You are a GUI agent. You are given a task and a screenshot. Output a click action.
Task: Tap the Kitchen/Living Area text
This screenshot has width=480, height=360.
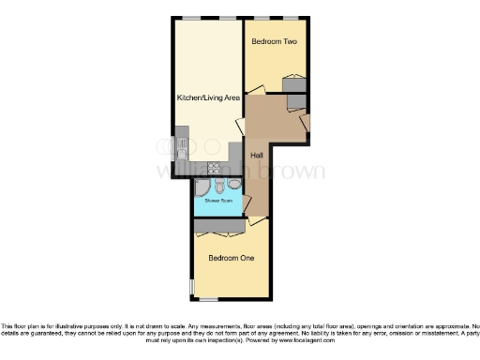[208, 97]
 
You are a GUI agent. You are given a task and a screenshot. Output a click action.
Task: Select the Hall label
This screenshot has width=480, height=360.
[256, 154]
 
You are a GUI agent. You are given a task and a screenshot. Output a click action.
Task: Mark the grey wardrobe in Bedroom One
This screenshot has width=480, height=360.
[219, 226]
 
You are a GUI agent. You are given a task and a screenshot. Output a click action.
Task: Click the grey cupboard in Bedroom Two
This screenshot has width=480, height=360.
[294, 85]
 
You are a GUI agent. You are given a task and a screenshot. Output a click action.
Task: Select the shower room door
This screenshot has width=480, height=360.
[246, 202]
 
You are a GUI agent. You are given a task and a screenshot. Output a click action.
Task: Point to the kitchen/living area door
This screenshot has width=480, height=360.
[240, 127]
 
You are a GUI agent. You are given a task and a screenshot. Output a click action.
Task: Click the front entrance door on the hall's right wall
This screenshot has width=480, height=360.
[305, 120]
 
